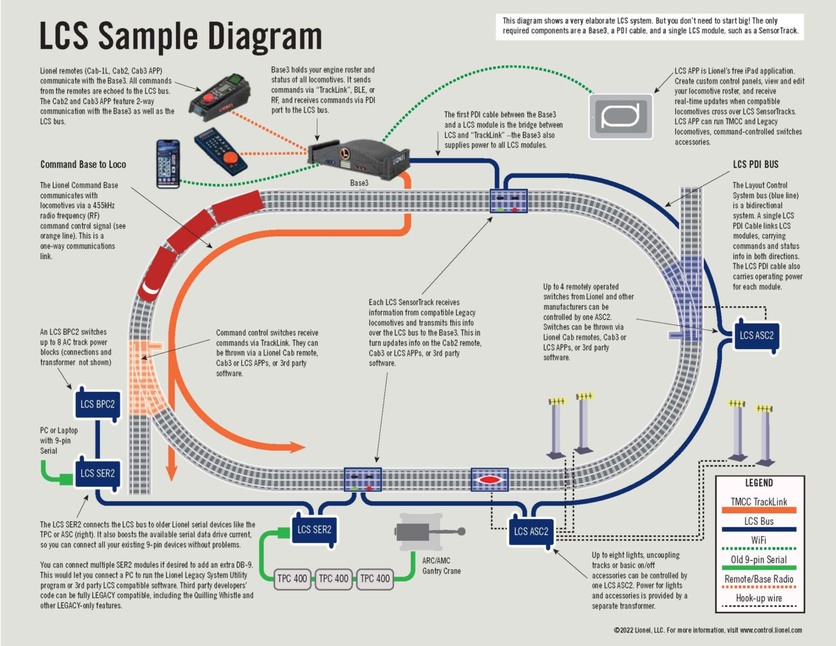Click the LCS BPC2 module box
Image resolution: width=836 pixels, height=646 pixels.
97,404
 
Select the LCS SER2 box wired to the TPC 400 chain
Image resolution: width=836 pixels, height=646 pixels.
314,530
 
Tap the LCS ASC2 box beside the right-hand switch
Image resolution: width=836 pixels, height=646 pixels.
756,336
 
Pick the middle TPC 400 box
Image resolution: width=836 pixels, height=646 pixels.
333,579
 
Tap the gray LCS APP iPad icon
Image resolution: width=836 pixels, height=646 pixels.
621,116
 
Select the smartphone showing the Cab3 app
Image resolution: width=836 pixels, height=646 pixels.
168,164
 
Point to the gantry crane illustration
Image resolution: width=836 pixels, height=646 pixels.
427,532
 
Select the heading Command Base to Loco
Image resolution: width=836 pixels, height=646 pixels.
83,164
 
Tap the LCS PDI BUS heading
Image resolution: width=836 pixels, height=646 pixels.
755,164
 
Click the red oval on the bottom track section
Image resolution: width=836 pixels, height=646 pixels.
489,480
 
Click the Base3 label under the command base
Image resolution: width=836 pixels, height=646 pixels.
359,183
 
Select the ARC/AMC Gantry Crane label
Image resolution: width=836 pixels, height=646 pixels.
441,565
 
